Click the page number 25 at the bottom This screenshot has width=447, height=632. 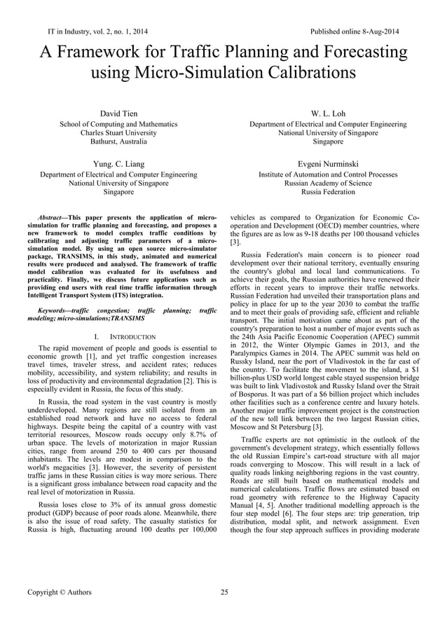[224, 593]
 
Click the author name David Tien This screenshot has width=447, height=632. [118, 114]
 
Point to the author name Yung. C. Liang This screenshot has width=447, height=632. [118, 163]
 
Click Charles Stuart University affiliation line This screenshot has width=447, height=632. [118, 132]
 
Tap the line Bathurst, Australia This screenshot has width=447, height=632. [118, 142]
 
